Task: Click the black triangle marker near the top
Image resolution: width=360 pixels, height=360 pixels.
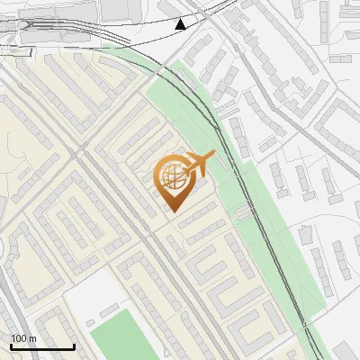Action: (x=181, y=23)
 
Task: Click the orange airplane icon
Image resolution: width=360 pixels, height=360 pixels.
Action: (x=201, y=164)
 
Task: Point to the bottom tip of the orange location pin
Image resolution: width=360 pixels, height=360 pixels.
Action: (x=173, y=211)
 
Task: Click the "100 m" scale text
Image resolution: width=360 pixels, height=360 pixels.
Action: (x=23, y=338)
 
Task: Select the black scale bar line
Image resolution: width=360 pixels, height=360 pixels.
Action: (x=42, y=346)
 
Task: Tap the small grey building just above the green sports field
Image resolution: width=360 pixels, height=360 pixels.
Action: (x=109, y=310)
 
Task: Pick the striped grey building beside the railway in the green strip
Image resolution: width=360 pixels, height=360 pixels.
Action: (x=242, y=213)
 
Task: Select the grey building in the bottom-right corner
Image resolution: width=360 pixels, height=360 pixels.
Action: (x=342, y=346)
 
